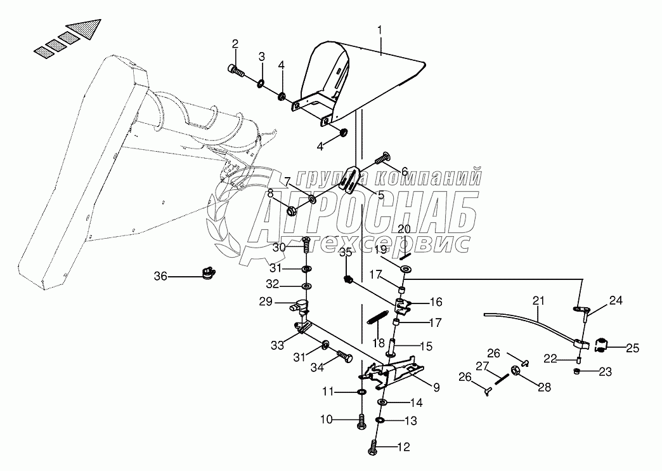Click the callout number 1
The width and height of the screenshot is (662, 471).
pyautogui.click(x=380, y=30)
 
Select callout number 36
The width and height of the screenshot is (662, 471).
pyautogui.click(x=160, y=276)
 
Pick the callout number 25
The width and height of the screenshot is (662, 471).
pyautogui.click(x=633, y=348)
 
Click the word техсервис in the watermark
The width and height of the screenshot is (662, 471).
pyautogui.click(x=406, y=243)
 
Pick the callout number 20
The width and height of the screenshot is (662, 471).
pyautogui.click(x=404, y=229)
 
